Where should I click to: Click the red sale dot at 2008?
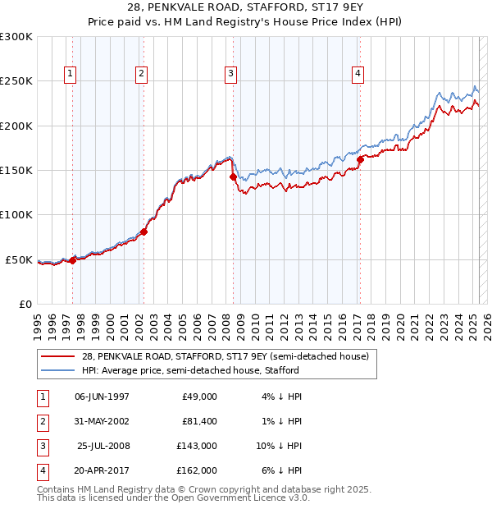233,177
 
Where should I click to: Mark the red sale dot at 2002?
143,232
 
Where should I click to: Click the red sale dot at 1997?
72,260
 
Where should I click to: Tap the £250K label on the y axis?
16,81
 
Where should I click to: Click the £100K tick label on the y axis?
16,215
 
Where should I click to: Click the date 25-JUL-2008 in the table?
102,446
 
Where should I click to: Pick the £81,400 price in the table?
197,421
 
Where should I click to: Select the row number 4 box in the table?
42,470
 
